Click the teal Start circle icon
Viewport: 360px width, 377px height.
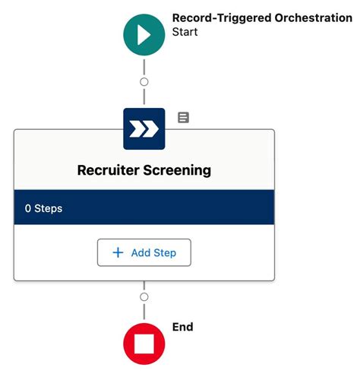(x=144, y=35)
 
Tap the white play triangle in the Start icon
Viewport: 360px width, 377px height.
(x=145, y=35)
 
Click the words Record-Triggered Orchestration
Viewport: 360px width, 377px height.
(x=262, y=17)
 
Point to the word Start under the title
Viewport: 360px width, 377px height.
(x=185, y=32)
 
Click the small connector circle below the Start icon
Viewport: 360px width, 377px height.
(x=144, y=81)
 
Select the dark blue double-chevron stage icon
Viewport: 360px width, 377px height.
(x=144, y=129)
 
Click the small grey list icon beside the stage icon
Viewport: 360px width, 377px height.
(x=184, y=118)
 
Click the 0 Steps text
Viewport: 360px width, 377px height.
(x=43, y=208)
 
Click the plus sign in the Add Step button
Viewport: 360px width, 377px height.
(x=118, y=252)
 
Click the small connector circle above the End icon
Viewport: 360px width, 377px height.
(x=144, y=296)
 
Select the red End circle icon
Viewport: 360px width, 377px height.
(x=144, y=344)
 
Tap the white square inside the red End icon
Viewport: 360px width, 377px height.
(x=144, y=344)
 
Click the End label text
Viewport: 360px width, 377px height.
(x=183, y=327)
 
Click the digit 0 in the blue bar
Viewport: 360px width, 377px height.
(x=27, y=208)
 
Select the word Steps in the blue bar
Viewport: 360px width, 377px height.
(x=49, y=208)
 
